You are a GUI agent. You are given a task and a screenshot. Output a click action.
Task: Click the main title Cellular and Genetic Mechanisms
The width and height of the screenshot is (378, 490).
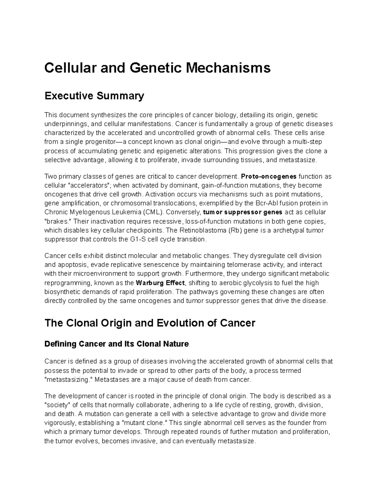tap(157, 68)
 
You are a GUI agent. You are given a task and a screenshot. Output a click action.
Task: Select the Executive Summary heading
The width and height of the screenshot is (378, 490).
tap(94, 96)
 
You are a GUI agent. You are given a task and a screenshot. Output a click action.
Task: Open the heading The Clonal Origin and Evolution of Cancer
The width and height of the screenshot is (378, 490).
tap(150, 323)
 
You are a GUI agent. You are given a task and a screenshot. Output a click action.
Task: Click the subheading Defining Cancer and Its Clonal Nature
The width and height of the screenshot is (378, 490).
tap(117, 344)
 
